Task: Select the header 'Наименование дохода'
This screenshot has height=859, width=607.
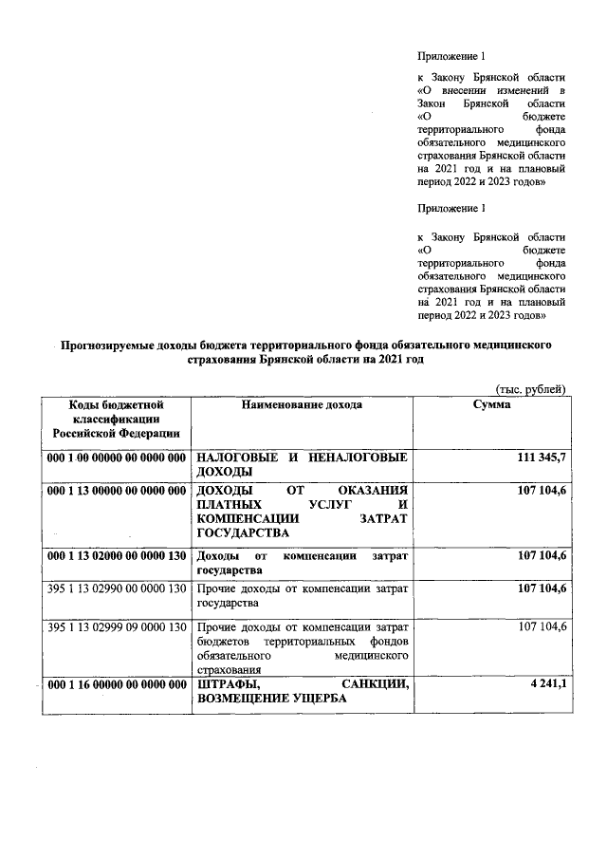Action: [302, 404]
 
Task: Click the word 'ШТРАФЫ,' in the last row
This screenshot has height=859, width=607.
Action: [230, 685]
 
